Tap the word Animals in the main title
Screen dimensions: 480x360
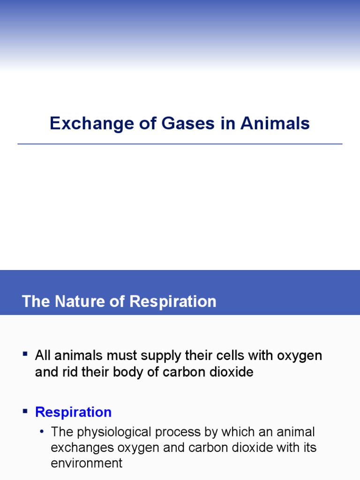tap(275, 124)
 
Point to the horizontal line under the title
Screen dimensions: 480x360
tap(180, 144)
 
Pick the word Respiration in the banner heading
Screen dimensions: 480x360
tap(173, 301)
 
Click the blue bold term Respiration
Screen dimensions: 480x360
tap(74, 412)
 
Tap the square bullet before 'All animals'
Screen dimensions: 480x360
tap(25, 353)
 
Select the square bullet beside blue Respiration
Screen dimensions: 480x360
tap(25, 411)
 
